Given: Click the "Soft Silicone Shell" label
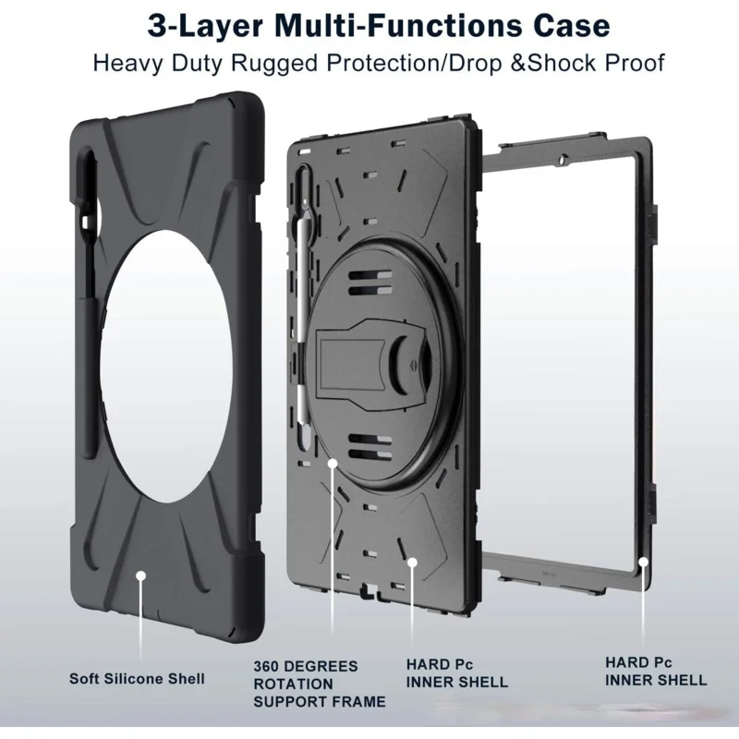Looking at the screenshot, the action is pyautogui.click(x=138, y=679).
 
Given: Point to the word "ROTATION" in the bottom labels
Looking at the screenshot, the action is pyautogui.click(x=293, y=684).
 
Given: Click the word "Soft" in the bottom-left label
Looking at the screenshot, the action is pyautogui.click(x=86, y=679).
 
